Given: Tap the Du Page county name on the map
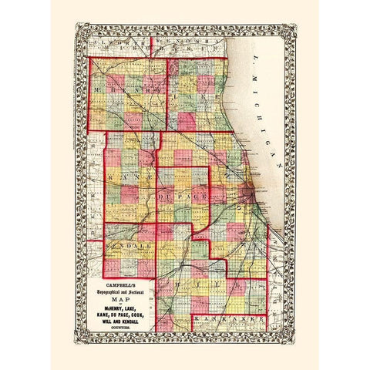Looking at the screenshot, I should tap(181, 198).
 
